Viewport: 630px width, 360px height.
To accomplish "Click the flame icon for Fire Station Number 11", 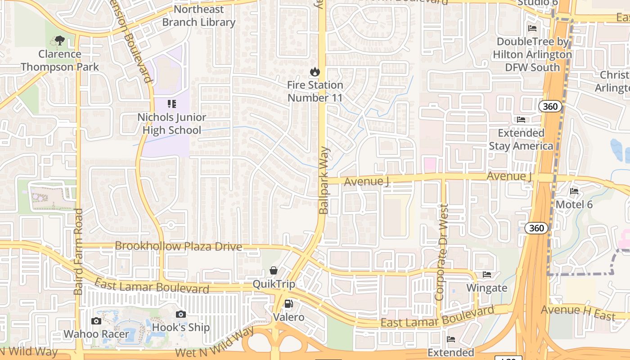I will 315,72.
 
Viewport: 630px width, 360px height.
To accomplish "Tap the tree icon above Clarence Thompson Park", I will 59,41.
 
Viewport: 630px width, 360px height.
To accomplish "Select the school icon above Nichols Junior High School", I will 171,104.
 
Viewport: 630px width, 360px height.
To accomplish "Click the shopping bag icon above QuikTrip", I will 273,270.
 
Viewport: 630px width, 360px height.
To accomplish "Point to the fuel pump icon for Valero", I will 288,304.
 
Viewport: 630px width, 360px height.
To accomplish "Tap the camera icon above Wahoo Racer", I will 96,321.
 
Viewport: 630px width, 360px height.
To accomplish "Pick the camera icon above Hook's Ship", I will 180,314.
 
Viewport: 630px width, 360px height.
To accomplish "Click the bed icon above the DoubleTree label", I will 532,28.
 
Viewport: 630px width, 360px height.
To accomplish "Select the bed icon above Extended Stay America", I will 521,120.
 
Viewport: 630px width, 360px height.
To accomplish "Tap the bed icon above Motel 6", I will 574,191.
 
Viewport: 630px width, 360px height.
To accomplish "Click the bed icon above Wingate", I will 486,274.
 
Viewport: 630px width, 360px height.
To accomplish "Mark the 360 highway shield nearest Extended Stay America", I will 550,107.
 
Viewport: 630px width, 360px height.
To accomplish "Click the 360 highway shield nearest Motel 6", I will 536,228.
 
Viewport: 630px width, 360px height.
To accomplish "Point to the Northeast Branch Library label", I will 198,16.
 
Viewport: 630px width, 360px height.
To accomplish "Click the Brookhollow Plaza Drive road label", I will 179,247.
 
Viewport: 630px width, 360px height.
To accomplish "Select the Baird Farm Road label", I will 79,252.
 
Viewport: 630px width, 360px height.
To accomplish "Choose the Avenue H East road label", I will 578,312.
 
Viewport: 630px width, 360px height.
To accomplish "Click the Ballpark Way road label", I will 324,180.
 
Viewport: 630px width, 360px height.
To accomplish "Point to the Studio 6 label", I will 538,3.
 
